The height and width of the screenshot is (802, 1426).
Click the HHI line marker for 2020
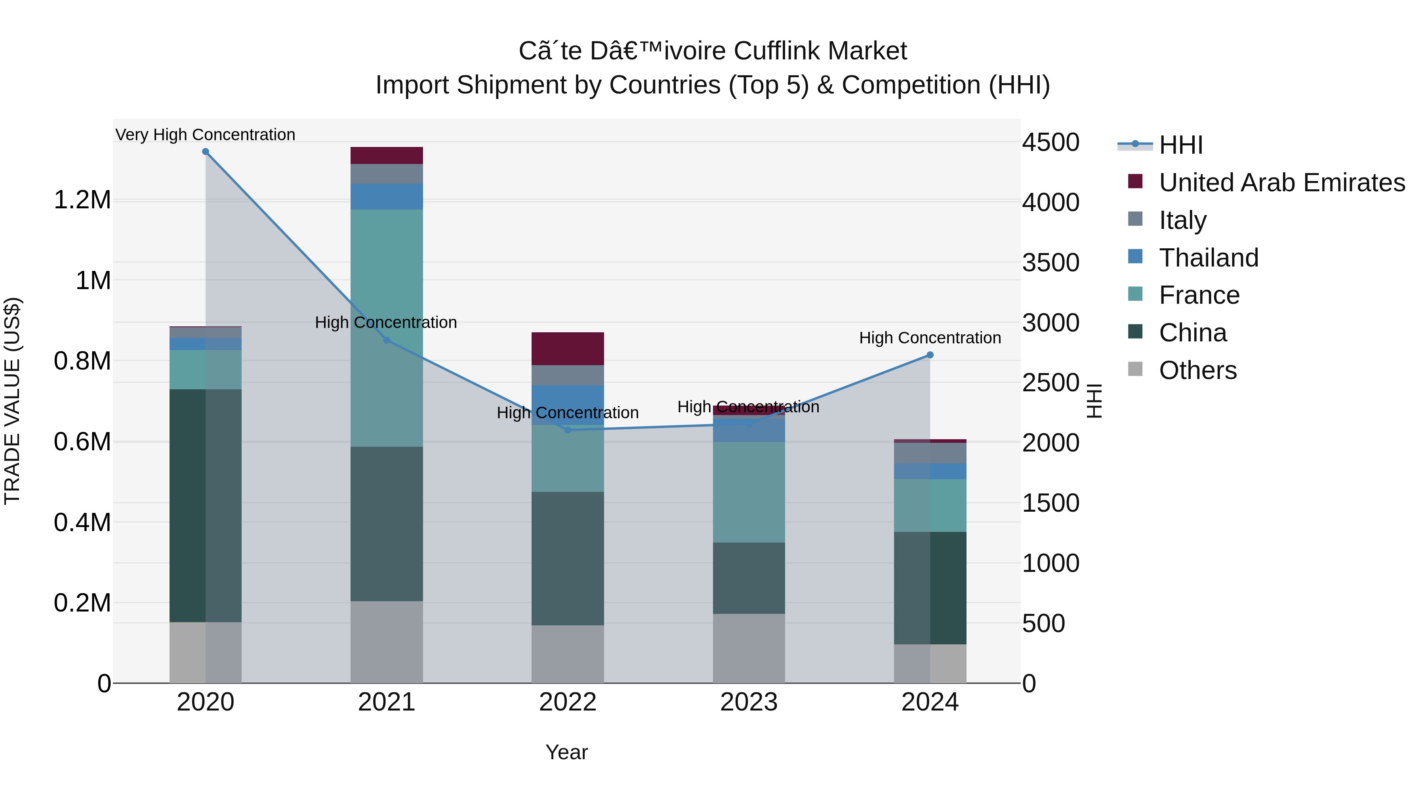click(205, 152)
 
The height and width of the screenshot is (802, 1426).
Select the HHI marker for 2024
click(930, 355)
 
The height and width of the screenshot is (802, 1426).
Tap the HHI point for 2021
click(386, 340)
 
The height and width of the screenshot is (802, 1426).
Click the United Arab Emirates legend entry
click(1281, 183)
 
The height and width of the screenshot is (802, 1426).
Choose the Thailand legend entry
click(1209, 258)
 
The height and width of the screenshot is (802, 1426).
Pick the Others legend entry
click(1197, 370)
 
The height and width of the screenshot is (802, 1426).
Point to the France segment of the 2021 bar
click(386, 328)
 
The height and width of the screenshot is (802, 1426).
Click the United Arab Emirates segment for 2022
click(567, 349)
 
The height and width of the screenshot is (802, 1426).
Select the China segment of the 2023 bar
click(748, 578)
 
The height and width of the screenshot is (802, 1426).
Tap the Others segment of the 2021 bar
click(386, 642)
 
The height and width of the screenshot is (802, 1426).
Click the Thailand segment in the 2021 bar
click(386, 196)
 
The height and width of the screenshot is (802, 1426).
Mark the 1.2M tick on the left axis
click(82, 200)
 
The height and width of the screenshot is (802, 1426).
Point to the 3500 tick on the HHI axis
click(1050, 263)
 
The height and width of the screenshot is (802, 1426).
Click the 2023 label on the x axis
click(748, 702)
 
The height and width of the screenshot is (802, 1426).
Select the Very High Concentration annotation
click(205, 135)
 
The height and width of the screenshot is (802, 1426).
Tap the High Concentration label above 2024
click(930, 337)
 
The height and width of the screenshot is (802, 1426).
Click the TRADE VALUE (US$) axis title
click(13, 401)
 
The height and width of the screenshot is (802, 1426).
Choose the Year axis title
click(566, 752)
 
